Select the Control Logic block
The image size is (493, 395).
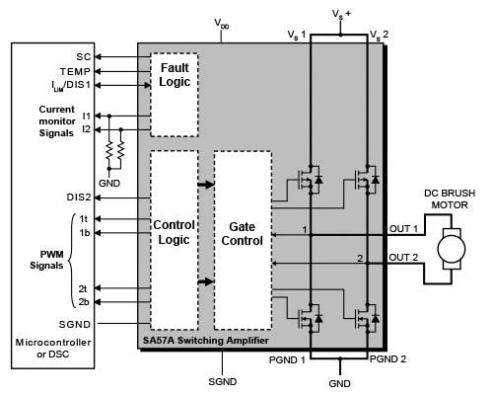[x=174, y=231]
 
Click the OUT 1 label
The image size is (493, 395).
[x=405, y=229]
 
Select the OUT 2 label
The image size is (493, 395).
[x=405, y=258]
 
